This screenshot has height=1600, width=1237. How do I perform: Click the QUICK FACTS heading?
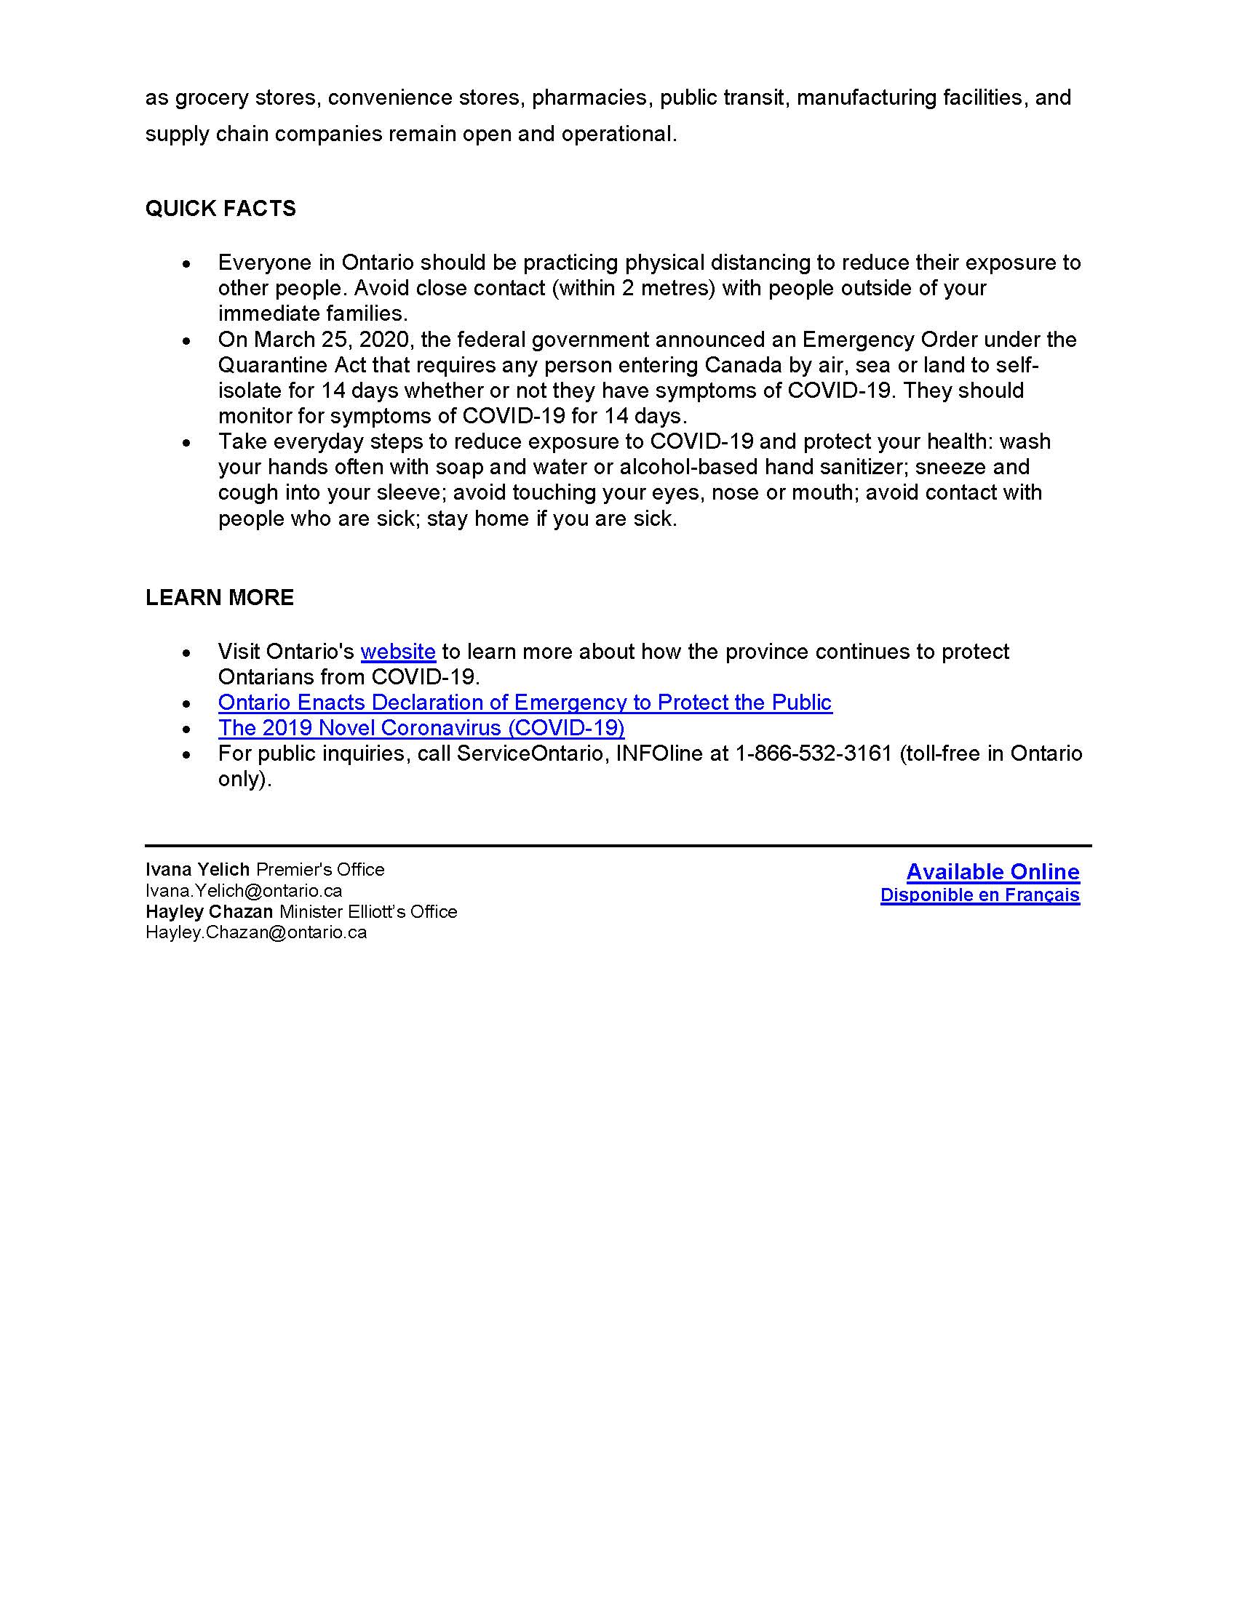(220, 209)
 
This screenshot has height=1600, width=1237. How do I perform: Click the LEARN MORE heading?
(219, 598)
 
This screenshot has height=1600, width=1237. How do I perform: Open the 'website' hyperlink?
(398, 652)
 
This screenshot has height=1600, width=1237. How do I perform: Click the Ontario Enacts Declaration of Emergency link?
(525, 703)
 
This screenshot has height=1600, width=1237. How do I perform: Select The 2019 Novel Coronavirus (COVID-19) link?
(421, 728)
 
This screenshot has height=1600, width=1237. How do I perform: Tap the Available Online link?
(993, 872)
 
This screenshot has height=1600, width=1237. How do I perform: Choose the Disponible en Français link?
(980, 895)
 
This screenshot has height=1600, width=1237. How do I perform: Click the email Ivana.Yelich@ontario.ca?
(244, 891)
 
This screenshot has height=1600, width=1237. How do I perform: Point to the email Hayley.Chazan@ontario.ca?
(255, 932)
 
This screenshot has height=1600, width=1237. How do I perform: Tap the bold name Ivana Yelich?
(197, 870)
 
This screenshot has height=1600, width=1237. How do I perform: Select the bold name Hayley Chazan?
(209, 912)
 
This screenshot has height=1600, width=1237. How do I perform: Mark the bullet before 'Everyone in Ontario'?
(188, 263)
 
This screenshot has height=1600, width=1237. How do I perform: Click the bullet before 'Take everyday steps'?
(188, 442)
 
